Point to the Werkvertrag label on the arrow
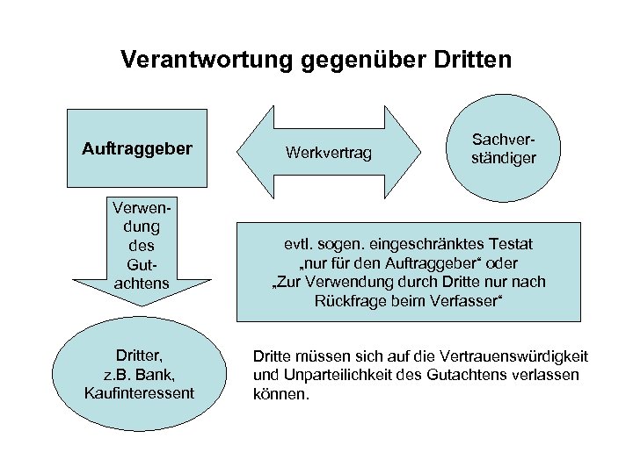coord(328,154)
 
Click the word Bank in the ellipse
coord(156,375)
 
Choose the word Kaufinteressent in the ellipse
coord(139,392)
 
